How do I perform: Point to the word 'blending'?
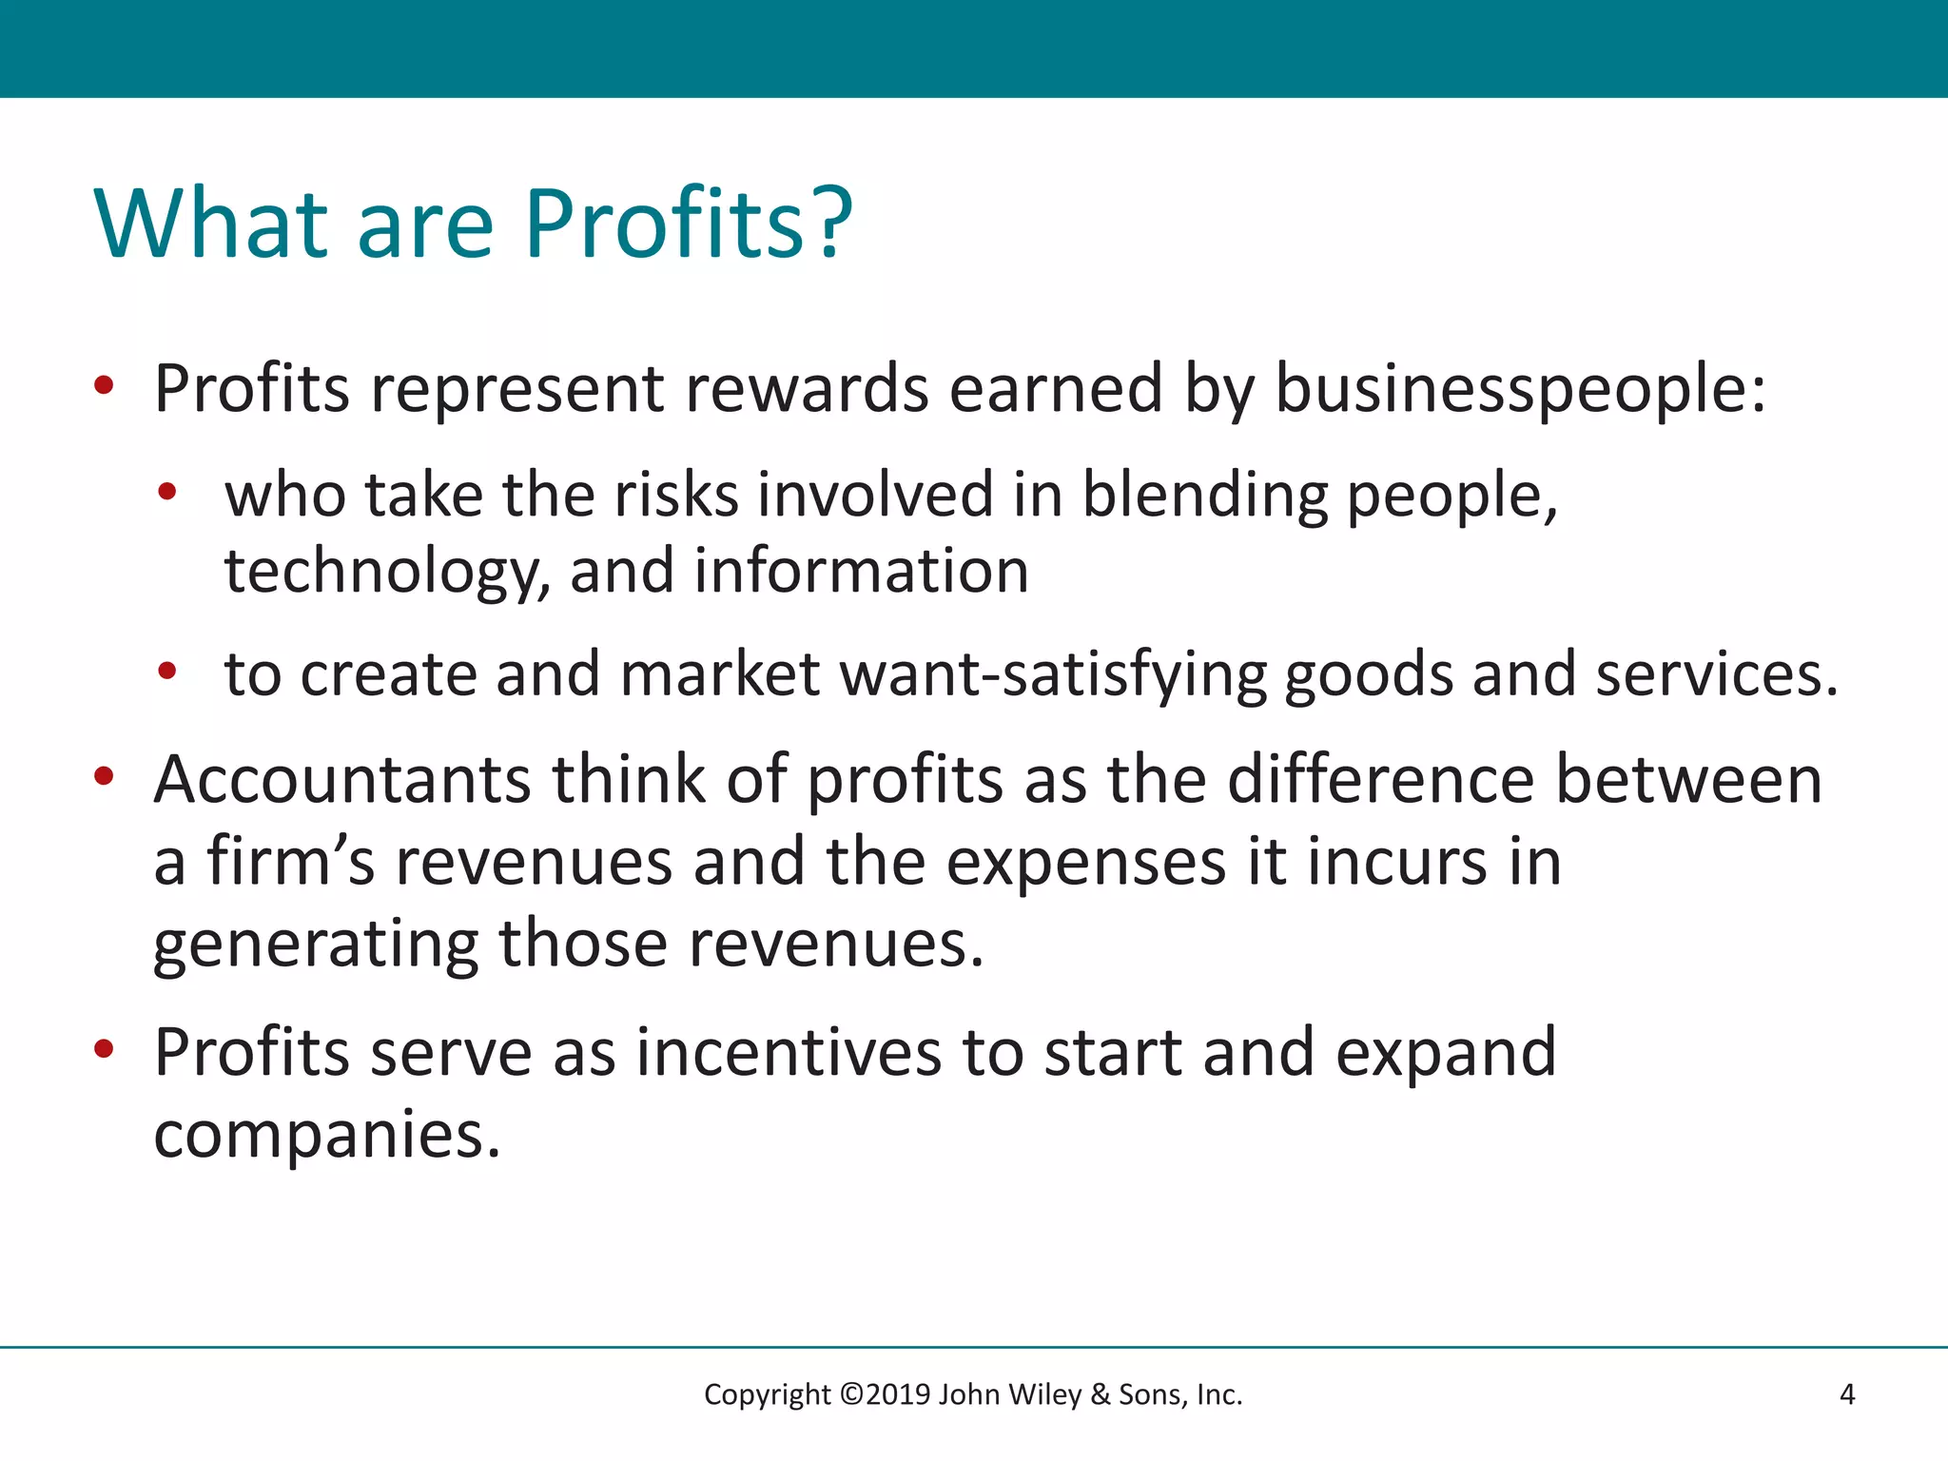pos(1204,496)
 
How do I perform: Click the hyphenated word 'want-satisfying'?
pos(1053,674)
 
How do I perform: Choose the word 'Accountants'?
pos(342,779)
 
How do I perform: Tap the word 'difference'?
pos(1381,779)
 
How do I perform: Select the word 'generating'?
pos(317,945)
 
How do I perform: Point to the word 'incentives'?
pos(789,1053)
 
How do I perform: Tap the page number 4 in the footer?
pos(1847,1394)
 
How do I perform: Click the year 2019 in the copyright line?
pos(898,1394)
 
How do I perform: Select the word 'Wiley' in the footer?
pos(1044,1394)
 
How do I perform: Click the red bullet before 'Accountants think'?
pos(104,776)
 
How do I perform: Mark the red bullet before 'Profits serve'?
pos(104,1049)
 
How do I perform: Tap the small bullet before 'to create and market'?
pos(167,672)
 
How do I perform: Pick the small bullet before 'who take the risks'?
pos(167,493)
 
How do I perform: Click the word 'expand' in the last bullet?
pos(1446,1053)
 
